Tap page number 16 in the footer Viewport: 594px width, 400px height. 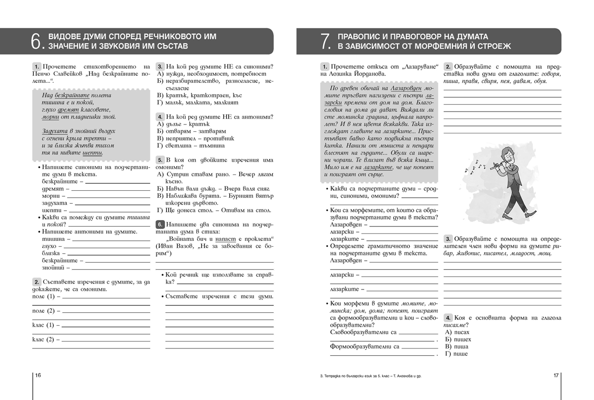(x=38, y=376)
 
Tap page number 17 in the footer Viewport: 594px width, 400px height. (x=556, y=376)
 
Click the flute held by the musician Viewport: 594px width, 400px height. (x=495, y=167)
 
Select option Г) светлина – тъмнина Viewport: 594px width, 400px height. (x=191, y=146)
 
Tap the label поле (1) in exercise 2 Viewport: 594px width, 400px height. (x=43, y=296)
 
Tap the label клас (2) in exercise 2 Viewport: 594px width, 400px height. (x=43, y=340)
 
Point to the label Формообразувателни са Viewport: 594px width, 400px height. (x=364, y=346)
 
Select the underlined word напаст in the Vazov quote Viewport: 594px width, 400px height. (x=234, y=239)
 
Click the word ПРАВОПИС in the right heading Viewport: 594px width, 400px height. (x=361, y=37)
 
